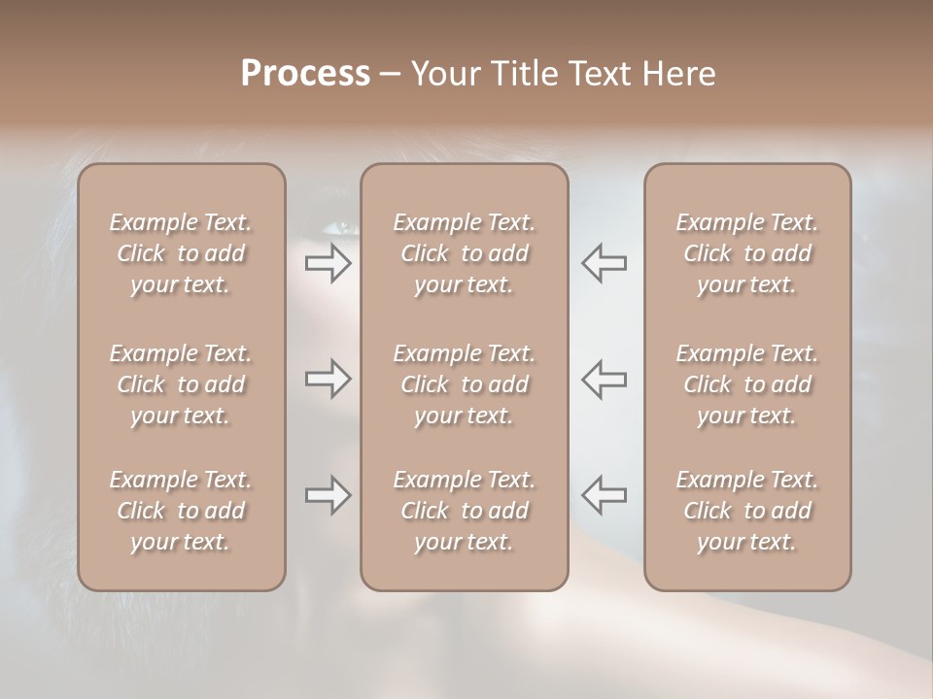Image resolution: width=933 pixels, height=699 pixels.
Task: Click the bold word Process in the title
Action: (x=305, y=74)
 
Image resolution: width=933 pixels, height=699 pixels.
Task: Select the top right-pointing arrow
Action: (x=328, y=262)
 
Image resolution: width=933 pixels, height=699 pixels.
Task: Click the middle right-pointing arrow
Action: (x=328, y=379)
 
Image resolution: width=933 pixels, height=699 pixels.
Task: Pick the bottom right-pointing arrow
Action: (x=328, y=495)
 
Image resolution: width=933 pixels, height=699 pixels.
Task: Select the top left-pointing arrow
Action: (x=604, y=262)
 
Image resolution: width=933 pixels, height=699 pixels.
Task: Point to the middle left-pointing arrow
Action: (x=604, y=379)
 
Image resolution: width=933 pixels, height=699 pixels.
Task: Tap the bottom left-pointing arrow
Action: (x=604, y=495)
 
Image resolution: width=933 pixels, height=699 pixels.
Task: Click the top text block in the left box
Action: (x=181, y=253)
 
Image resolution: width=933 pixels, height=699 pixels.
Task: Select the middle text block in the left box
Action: (x=181, y=384)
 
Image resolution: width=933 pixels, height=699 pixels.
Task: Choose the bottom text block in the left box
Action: (x=181, y=511)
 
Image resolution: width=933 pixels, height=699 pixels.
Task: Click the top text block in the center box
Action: (x=464, y=253)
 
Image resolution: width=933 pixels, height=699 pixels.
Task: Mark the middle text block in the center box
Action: (x=464, y=384)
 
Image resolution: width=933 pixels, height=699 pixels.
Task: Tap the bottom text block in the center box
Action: (x=464, y=511)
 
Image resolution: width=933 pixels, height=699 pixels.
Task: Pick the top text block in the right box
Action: (x=746, y=253)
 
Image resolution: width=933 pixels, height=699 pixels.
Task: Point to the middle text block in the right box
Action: (x=746, y=384)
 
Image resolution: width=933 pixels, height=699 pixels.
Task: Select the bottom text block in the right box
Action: (x=746, y=511)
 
